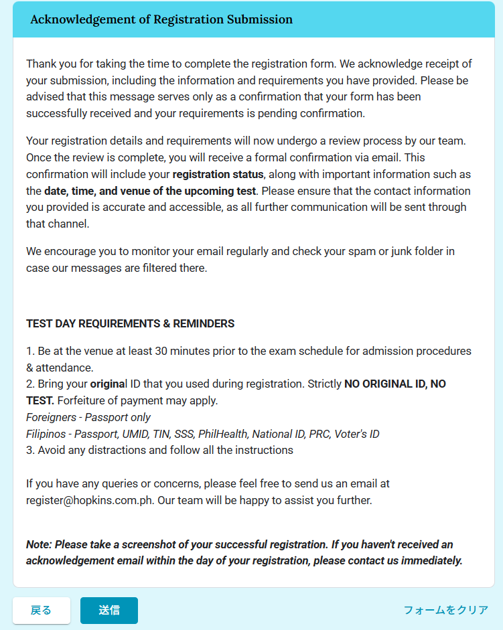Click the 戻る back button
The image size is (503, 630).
[42, 611]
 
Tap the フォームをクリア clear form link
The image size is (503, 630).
[445, 611]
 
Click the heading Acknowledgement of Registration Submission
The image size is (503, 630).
[161, 19]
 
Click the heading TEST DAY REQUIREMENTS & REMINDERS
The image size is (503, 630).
[130, 323]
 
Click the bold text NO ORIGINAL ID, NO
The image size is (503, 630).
[394, 384]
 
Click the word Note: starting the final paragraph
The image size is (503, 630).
[39, 544]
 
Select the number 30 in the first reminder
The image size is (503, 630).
[162, 351]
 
